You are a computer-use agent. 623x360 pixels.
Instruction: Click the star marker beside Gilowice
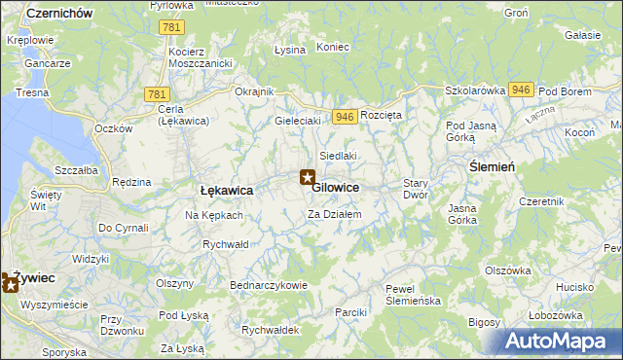(307, 178)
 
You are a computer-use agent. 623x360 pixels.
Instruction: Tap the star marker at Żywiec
(11, 282)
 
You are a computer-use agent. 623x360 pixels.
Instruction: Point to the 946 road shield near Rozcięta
(343, 116)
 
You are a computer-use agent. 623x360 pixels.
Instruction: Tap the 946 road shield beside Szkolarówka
(519, 90)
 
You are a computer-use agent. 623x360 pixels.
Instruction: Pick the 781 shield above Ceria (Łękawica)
(156, 93)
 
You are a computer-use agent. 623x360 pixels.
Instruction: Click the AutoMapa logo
(560, 341)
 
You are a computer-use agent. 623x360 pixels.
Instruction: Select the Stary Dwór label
(416, 189)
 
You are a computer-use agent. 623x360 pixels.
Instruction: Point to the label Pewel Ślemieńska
(414, 295)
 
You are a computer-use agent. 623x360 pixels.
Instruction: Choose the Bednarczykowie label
(268, 285)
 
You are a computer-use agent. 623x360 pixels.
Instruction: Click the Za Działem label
(335, 214)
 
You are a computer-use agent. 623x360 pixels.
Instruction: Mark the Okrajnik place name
(255, 91)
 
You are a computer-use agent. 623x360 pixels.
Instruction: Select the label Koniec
(333, 47)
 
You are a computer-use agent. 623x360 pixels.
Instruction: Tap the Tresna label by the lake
(31, 92)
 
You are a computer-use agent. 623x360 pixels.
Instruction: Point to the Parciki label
(349, 312)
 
